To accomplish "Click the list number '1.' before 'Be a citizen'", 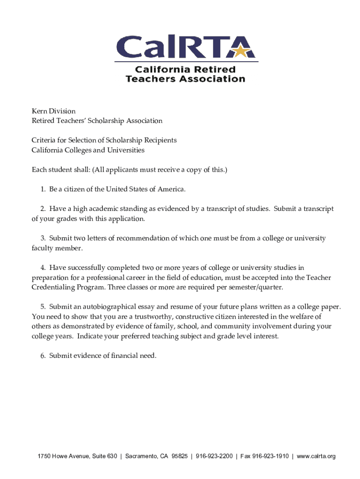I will click(43, 189).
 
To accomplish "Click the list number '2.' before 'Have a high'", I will click(43, 209).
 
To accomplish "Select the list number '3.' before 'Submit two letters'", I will click(43, 238).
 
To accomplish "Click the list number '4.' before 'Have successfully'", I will click(43, 268).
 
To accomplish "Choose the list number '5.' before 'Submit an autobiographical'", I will click(43, 306).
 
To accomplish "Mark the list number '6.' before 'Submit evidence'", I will click(43, 356).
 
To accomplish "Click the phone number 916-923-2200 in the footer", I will click(214, 456).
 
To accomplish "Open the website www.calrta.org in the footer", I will click(316, 456).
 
